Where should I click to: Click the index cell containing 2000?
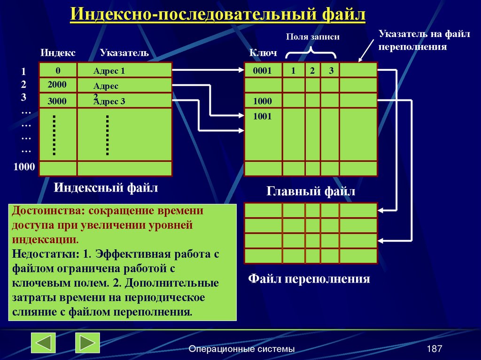tap(57, 84)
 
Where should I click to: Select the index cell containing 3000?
tap(57, 101)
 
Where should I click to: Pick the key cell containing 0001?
tap(263, 71)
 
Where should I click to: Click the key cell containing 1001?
tap(263, 117)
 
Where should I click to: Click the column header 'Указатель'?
tap(124, 53)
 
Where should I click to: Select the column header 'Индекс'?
tap(58, 53)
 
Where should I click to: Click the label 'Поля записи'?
tap(312, 37)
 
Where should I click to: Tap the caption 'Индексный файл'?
tap(106, 188)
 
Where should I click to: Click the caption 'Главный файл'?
tap(311, 191)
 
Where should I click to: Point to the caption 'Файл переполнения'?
tap(309, 279)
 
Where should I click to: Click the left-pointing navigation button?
tap(43, 343)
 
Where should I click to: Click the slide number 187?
tap(434, 349)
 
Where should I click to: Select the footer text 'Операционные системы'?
tap(241, 349)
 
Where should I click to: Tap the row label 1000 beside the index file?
tap(24, 167)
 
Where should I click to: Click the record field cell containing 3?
tap(331, 71)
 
